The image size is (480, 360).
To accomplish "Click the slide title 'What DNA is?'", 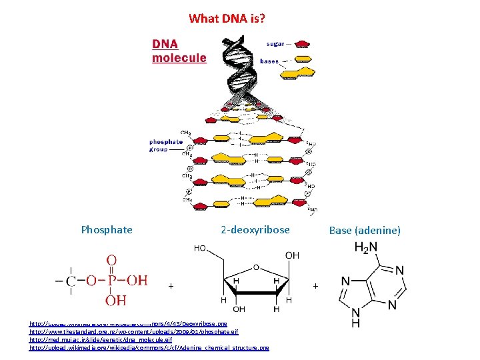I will (227, 19).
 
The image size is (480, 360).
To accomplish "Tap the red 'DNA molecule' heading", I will (179, 51).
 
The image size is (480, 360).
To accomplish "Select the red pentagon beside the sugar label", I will (302, 45).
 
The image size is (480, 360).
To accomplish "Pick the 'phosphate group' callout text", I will (166, 145).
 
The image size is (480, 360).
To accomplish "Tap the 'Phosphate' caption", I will (107, 230).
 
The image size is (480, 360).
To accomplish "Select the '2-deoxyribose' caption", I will (255, 230).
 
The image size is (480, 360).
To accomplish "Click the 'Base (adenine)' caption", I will (365, 231).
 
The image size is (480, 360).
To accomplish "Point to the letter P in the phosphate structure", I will (112, 281).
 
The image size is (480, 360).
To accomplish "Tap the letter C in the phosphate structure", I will (71, 281).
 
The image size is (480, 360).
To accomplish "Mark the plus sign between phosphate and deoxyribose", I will (171, 286).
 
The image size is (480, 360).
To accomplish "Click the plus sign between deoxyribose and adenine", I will (315, 286).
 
